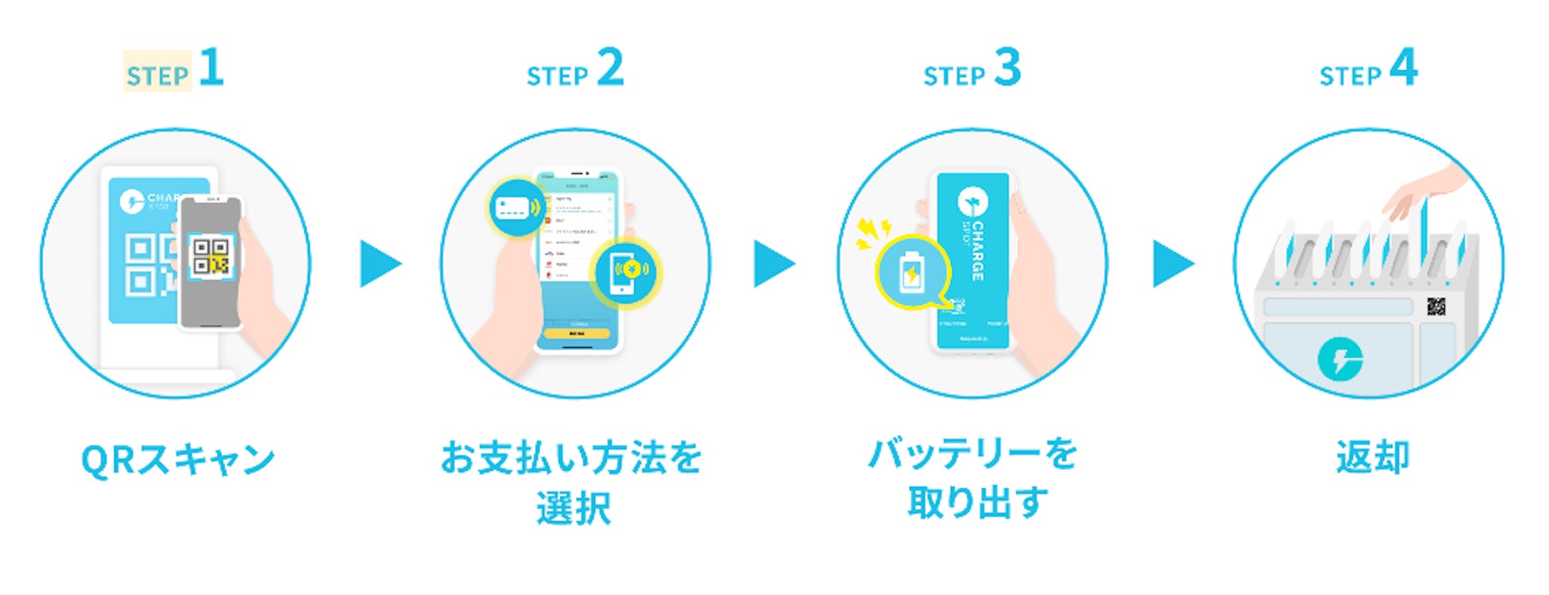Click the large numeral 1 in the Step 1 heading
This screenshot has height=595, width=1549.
point(211,68)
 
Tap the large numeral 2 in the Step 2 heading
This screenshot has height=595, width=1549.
point(610,68)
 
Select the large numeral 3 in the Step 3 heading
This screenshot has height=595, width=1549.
point(1007,68)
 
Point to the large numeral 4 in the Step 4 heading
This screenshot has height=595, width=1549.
point(1404,68)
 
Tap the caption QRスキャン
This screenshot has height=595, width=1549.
point(178,460)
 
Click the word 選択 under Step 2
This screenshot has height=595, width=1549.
point(574,508)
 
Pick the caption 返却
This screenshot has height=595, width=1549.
point(1372,458)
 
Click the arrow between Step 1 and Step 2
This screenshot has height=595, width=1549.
point(379,264)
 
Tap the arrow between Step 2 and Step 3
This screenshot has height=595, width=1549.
point(773,264)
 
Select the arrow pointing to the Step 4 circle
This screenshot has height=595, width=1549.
point(1172,264)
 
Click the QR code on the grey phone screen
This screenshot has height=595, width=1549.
point(211,256)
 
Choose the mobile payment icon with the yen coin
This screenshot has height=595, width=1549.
point(627,272)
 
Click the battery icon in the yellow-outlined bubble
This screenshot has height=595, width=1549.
point(911,274)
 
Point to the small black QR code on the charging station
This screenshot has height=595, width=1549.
point(1435,306)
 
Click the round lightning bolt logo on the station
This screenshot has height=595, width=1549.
point(1340,360)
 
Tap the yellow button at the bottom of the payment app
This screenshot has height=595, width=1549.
point(577,334)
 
